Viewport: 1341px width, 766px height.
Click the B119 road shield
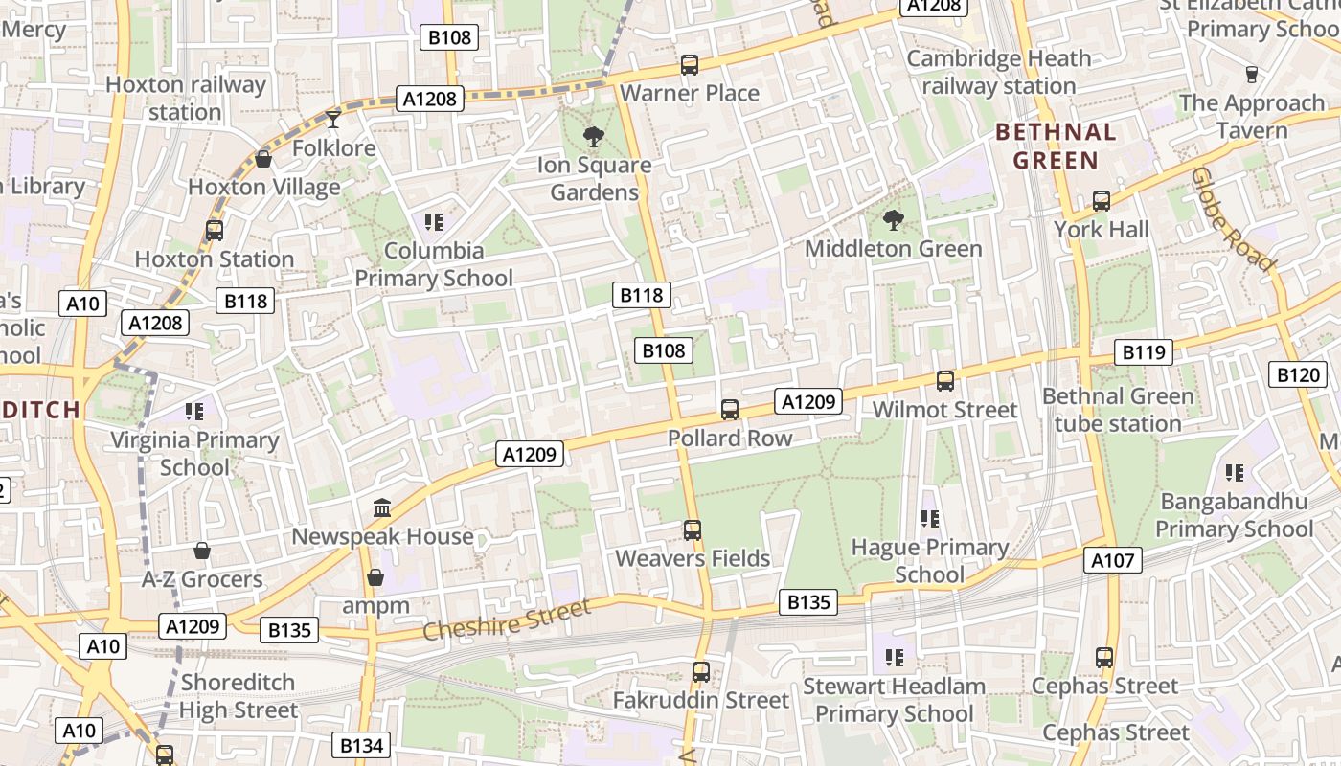[x=1144, y=352]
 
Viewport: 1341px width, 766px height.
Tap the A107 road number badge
[x=1113, y=560]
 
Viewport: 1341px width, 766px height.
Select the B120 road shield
[x=1298, y=374]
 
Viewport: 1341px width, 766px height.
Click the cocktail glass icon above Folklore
[x=333, y=119]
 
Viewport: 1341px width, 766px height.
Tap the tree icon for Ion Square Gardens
[x=594, y=136]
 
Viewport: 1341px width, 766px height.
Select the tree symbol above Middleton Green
[x=894, y=220]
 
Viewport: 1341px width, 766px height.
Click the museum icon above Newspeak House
[x=382, y=507]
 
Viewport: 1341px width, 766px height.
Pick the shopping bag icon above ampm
[x=375, y=577]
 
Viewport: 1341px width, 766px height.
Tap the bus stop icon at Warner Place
[x=690, y=65]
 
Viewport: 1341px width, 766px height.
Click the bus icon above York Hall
[x=1102, y=201]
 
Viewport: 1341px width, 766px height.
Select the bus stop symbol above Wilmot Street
[x=945, y=381]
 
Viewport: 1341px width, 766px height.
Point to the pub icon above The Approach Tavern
[x=1251, y=74]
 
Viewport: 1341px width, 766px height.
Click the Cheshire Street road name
[x=507, y=620]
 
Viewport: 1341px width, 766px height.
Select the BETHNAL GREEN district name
[x=1056, y=146]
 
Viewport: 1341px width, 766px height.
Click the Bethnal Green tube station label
[x=1118, y=410]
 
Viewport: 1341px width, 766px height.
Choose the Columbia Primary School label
[x=434, y=264]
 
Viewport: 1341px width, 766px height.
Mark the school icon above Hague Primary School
[x=929, y=519]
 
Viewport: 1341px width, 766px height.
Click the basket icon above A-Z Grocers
[x=202, y=551]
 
